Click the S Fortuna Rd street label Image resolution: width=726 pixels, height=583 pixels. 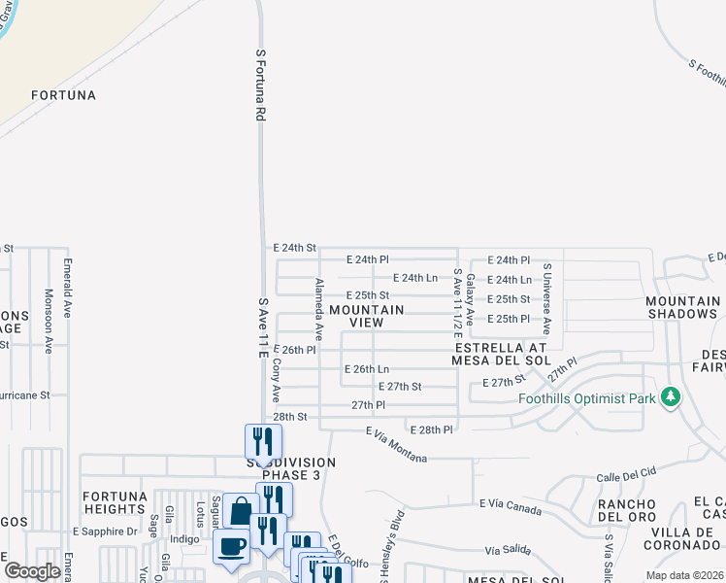pos(260,85)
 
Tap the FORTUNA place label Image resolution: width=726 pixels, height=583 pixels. pos(63,95)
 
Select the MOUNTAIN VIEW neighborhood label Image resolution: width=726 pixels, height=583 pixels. pos(365,316)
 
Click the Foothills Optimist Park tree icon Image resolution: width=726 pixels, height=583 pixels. pos(670,397)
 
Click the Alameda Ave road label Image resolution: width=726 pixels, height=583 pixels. pos(317,310)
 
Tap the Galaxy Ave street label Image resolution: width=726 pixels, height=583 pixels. pos(470,298)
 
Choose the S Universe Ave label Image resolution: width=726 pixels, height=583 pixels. pos(546,298)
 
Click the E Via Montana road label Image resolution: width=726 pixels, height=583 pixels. pos(396,445)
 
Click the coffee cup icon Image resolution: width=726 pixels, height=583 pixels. pos(230,545)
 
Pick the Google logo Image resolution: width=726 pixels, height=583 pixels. pos(33,571)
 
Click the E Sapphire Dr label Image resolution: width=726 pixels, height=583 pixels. pos(106,532)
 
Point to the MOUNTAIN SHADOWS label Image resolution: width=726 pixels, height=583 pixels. pos(682,307)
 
